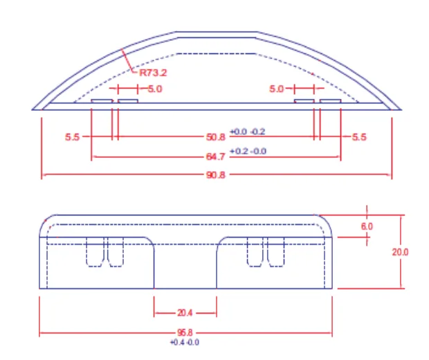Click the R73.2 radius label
(153, 73)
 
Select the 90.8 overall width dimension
(216, 174)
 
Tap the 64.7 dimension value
(216, 157)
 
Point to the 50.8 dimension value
(216, 137)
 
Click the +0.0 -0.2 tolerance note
(248, 132)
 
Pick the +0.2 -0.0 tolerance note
(248, 151)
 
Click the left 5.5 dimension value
(72, 137)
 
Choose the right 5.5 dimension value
(359, 137)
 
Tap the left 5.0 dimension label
(155, 89)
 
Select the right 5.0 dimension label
(276, 89)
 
